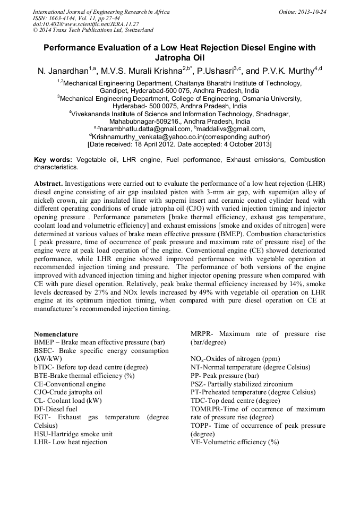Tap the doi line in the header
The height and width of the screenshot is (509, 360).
pyautogui.click(x=85, y=24)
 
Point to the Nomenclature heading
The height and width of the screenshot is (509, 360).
pyautogui.click(x=56, y=334)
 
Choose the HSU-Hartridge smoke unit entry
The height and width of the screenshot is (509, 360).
pyautogui.click(x=73, y=434)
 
